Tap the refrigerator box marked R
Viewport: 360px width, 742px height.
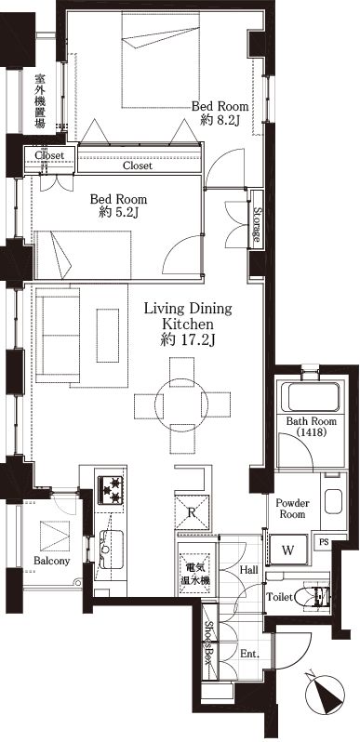pyautogui.click(x=192, y=511)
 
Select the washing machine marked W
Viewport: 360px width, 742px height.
pyautogui.click(x=287, y=550)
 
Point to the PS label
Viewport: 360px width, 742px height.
pyautogui.click(x=324, y=542)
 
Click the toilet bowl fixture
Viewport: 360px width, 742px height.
pyautogui.click(x=314, y=596)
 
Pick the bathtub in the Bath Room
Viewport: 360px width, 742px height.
pyautogui.click(x=311, y=398)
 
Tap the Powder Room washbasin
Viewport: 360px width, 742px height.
pyautogui.click(x=333, y=501)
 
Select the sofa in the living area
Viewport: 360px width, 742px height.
pyautogui.click(x=58, y=335)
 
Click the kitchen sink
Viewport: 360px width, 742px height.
pyautogui.click(x=111, y=549)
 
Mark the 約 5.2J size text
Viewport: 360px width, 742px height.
pyautogui.click(x=118, y=214)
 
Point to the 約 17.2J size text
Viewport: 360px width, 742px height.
pyautogui.click(x=188, y=340)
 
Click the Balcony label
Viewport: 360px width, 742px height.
pyautogui.click(x=52, y=562)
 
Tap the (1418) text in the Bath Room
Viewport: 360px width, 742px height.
pyautogui.click(x=311, y=432)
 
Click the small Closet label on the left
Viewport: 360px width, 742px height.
pyautogui.click(x=49, y=154)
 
